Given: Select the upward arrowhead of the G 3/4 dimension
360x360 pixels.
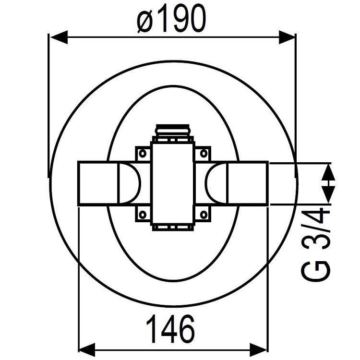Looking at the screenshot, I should (328, 170).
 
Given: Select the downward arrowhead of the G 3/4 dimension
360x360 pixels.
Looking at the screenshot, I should (328, 194).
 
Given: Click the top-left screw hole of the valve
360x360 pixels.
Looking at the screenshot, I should (143, 154).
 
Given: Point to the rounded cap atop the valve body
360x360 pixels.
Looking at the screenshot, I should (173, 131).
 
